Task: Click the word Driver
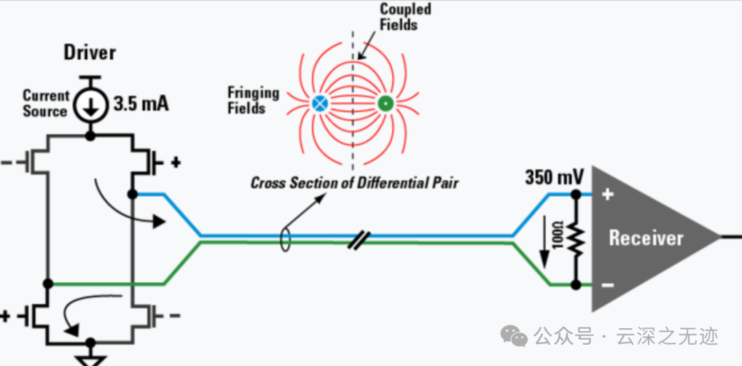[90, 52]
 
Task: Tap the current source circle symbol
[90, 105]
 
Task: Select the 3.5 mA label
[141, 105]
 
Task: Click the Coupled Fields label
[405, 17]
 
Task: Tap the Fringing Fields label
[253, 100]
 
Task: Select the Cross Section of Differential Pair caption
[354, 183]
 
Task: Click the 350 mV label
[554, 177]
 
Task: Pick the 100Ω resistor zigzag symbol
[576, 239]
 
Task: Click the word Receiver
[646, 238]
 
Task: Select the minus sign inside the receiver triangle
[607, 284]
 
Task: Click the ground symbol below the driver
[90, 358]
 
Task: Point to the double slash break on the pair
[358, 239]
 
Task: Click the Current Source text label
[45, 103]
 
